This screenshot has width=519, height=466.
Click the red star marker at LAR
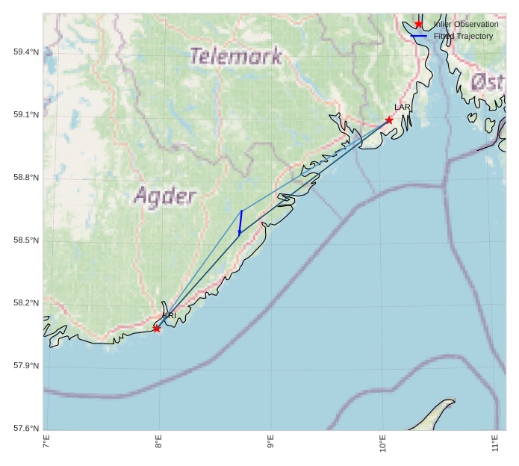tap(389, 119)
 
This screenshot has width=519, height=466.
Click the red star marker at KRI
tap(157, 329)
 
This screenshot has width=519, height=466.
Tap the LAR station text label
tap(403, 108)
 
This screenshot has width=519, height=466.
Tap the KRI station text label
tap(170, 316)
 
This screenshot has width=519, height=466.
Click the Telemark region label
tap(235, 56)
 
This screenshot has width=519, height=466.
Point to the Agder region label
tap(165, 196)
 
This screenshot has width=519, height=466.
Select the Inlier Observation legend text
tap(466, 25)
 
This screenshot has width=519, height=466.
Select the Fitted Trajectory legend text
tap(463, 36)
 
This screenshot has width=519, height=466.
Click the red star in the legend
tap(419, 25)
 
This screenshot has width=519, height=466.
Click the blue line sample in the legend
tap(419, 36)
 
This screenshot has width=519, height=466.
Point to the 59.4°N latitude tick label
tap(26, 52)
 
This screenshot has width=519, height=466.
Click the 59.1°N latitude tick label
tap(26, 115)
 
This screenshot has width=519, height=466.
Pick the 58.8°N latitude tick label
tap(26, 178)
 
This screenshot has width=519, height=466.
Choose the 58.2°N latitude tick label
tap(26, 303)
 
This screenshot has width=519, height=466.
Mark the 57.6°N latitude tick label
tap(26, 429)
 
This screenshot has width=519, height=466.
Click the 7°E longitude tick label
tap(46, 442)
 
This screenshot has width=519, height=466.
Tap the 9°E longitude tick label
tap(270, 442)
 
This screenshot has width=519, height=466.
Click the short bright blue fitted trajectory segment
tap(240, 223)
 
